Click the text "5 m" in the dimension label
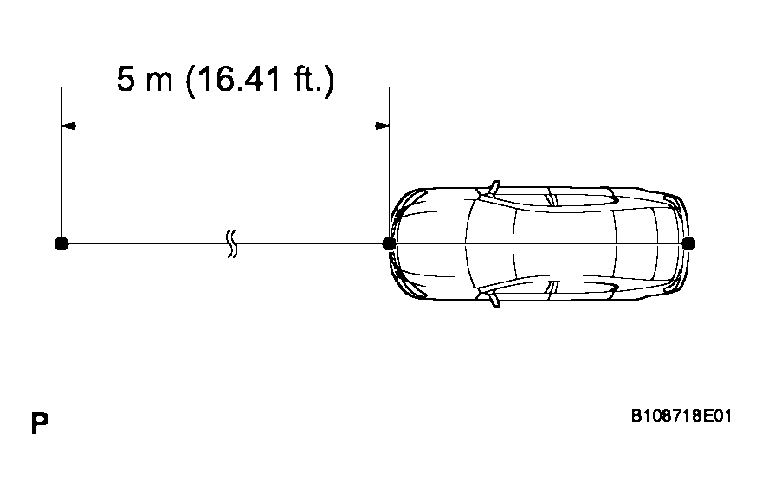[145, 80]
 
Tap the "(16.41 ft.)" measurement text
[260, 81]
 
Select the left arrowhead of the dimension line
[69, 126]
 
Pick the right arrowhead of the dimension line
[382, 126]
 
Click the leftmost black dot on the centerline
[61, 243]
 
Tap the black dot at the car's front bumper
[390, 243]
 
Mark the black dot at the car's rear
[688, 243]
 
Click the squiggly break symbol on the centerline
[232, 243]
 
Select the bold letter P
[40, 423]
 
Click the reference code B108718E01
[681, 417]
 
